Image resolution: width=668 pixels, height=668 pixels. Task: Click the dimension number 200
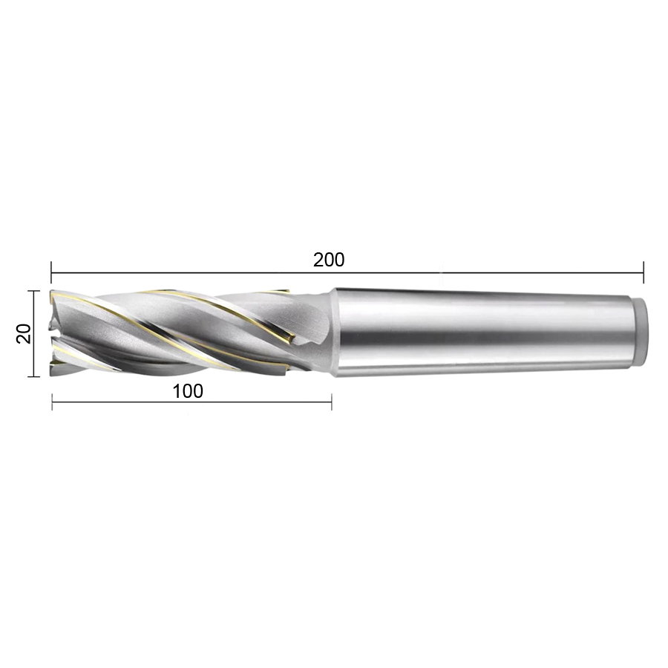(329, 260)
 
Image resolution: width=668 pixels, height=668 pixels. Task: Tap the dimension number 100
(188, 391)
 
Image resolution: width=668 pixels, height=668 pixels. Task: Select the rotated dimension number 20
(24, 333)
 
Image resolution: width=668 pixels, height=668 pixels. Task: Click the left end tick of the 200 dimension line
(51, 272)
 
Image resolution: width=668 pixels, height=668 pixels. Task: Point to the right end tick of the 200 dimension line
(644, 272)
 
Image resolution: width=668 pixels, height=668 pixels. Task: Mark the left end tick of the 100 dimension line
(52, 402)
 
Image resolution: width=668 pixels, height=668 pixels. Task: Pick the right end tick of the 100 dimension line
(332, 402)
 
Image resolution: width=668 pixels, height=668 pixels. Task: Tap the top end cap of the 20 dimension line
(33, 290)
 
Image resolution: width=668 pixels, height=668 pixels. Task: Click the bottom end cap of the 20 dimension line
(33, 376)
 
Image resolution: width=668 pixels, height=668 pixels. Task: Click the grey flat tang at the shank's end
(639, 333)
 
